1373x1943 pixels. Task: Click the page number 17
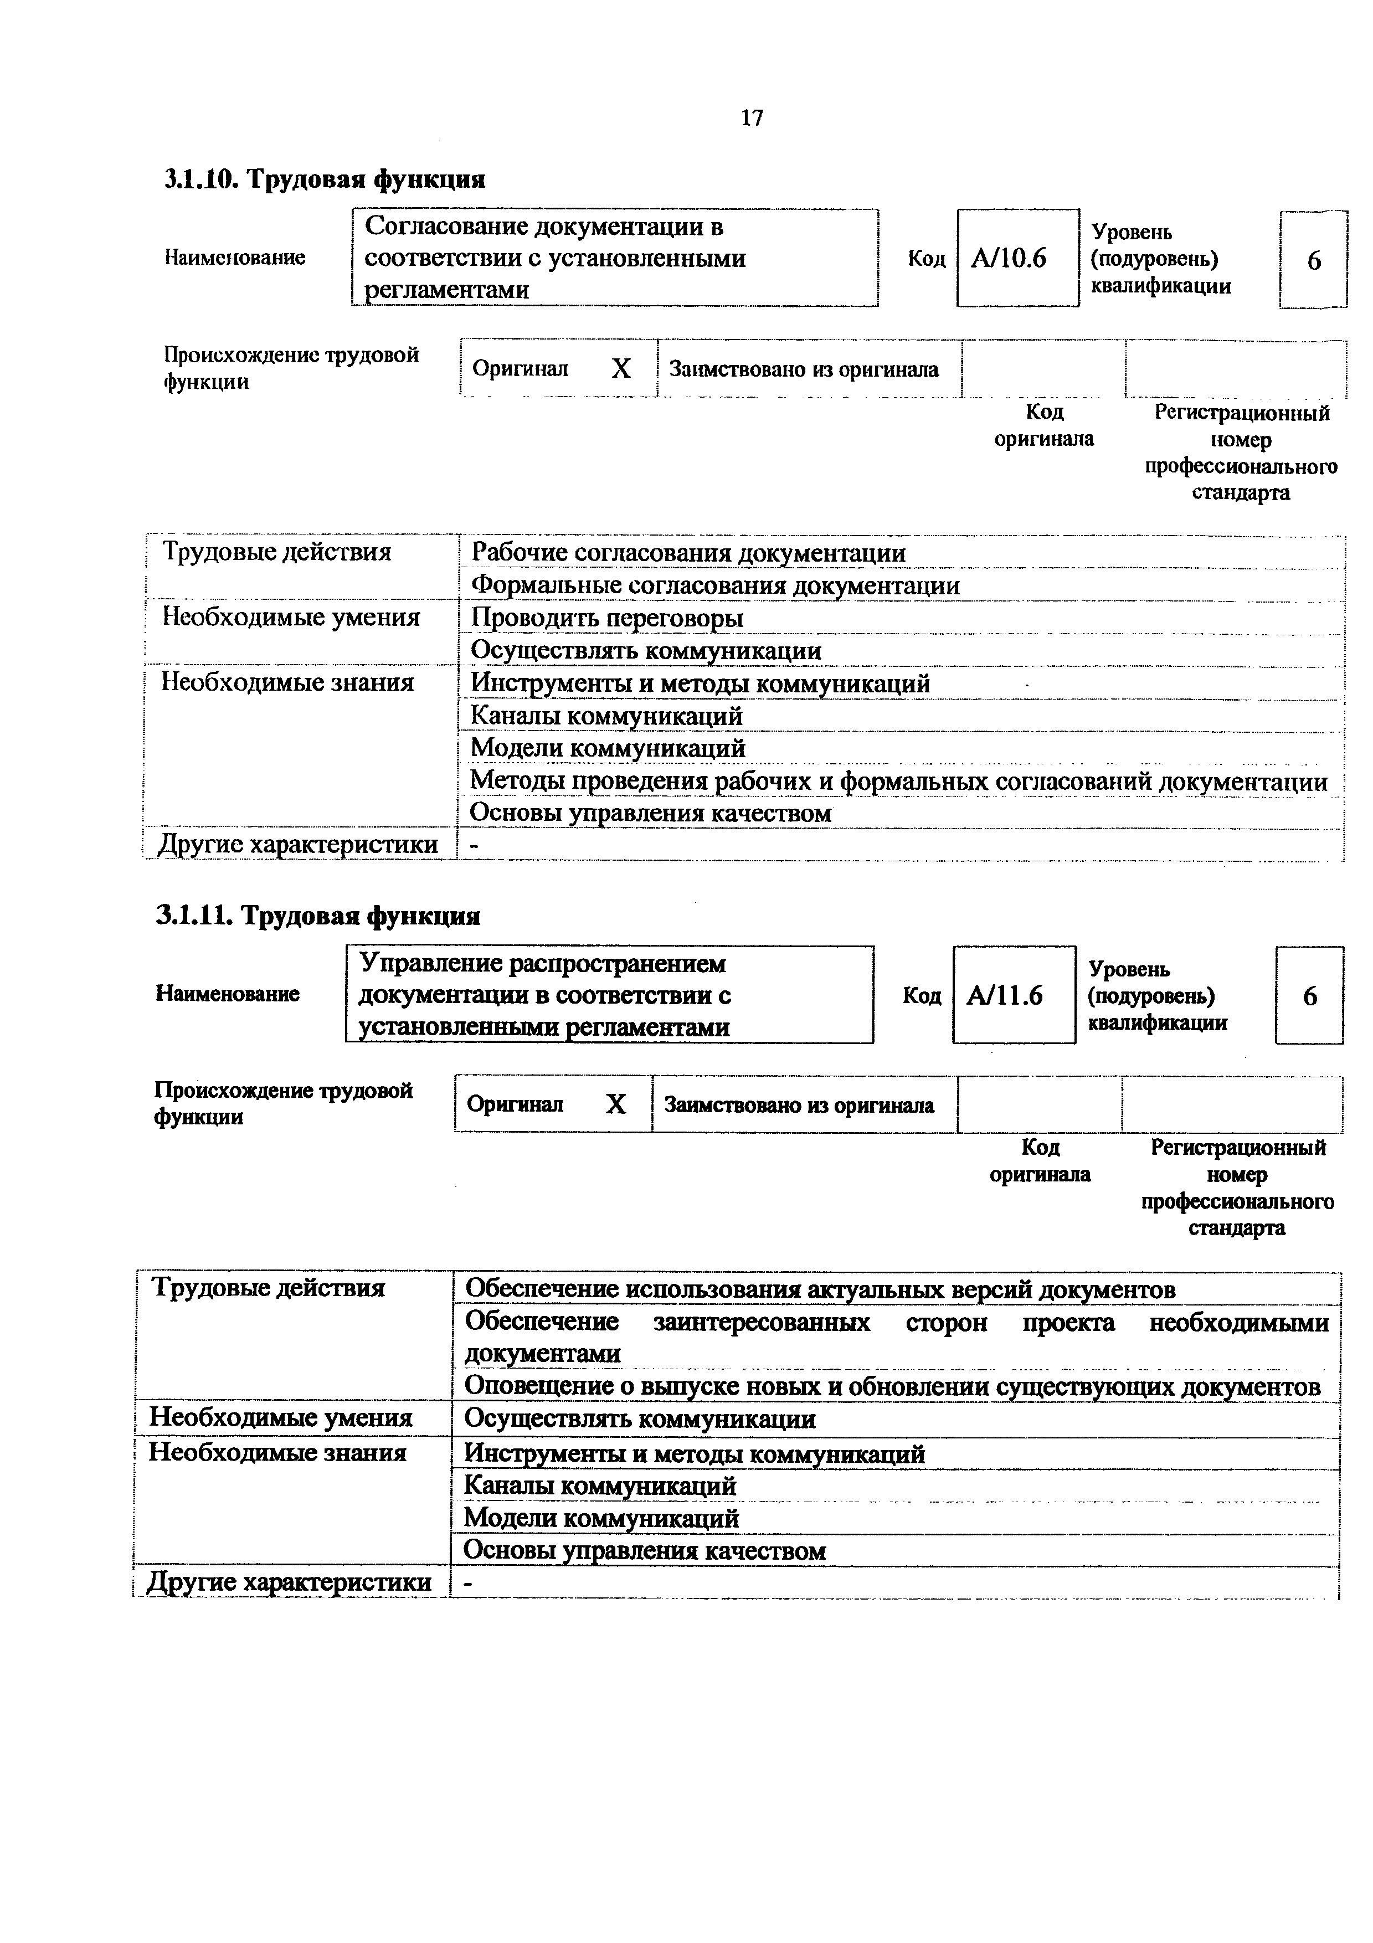point(751,117)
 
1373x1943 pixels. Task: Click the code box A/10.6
point(1017,258)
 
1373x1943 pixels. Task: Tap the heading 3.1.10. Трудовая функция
point(325,178)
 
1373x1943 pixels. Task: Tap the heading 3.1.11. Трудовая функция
point(318,916)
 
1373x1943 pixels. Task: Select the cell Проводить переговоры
point(606,618)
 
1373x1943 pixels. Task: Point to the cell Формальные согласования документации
point(715,585)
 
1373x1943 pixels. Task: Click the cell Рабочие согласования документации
point(688,553)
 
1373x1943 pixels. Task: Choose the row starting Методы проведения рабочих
point(898,780)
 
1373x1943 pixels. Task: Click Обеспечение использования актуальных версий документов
point(820,1289)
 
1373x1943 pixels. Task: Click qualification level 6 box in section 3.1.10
point(1313,260)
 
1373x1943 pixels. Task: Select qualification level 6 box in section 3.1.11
point(1309,996)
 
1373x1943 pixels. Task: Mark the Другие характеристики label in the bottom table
point(289,1582)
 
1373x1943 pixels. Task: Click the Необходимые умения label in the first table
point(291,617)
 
